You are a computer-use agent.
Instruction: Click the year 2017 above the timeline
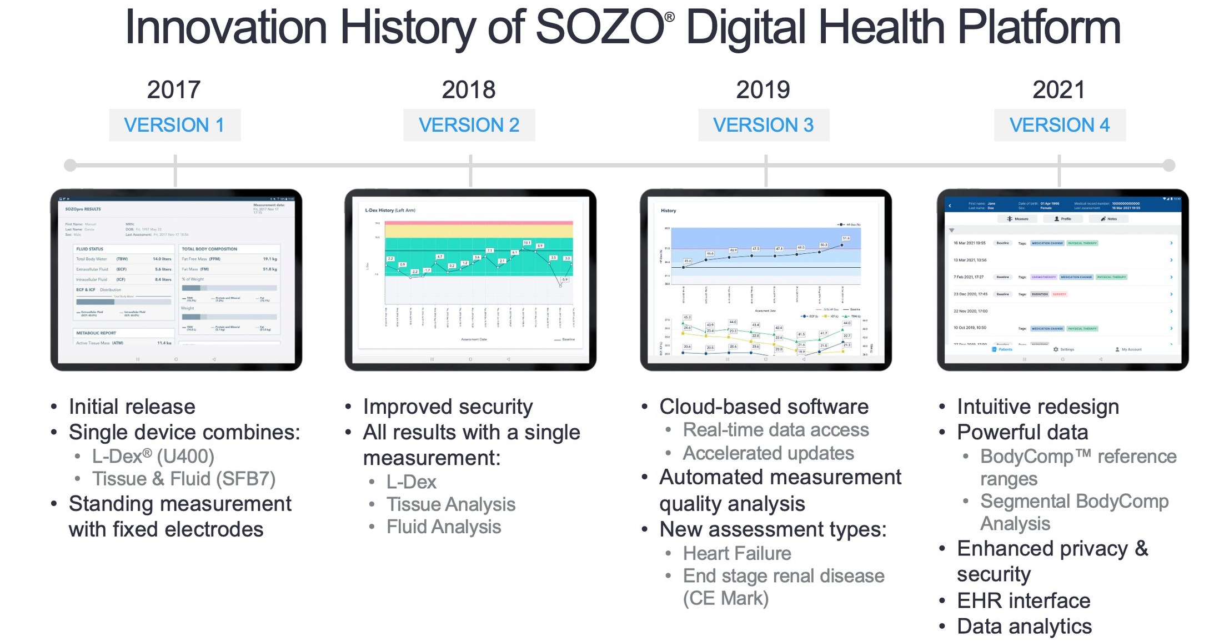click(173, 89)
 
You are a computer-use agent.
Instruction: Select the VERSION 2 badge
click(469, 125)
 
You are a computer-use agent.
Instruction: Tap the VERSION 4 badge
click(1059, 125)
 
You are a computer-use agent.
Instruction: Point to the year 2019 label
click(763, 89)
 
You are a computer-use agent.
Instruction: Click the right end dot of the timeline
click(1168, 165)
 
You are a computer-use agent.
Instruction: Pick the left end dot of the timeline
click(70, 165)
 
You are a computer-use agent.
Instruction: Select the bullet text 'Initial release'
click(132, 407)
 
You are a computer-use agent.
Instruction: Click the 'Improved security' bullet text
click(448, 407)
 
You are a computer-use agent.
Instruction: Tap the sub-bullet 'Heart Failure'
click(737, 553)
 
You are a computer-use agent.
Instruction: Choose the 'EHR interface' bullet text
click(1024, 600)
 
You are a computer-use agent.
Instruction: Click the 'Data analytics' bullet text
click(1024, 626)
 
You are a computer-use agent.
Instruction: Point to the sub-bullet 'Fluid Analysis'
click(444, 527)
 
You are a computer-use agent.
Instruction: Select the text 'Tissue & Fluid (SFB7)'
click(184, 478)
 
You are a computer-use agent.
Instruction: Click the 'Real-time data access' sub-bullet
click(776, 429)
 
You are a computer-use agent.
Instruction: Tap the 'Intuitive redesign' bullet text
click(1037, 407)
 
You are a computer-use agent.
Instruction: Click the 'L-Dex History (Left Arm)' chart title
click(390, 211)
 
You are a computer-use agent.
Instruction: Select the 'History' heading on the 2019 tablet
click(668, 211)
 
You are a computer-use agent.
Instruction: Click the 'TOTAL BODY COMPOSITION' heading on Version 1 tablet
click(209, 249)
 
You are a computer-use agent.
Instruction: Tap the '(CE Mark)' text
click(726, 598)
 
